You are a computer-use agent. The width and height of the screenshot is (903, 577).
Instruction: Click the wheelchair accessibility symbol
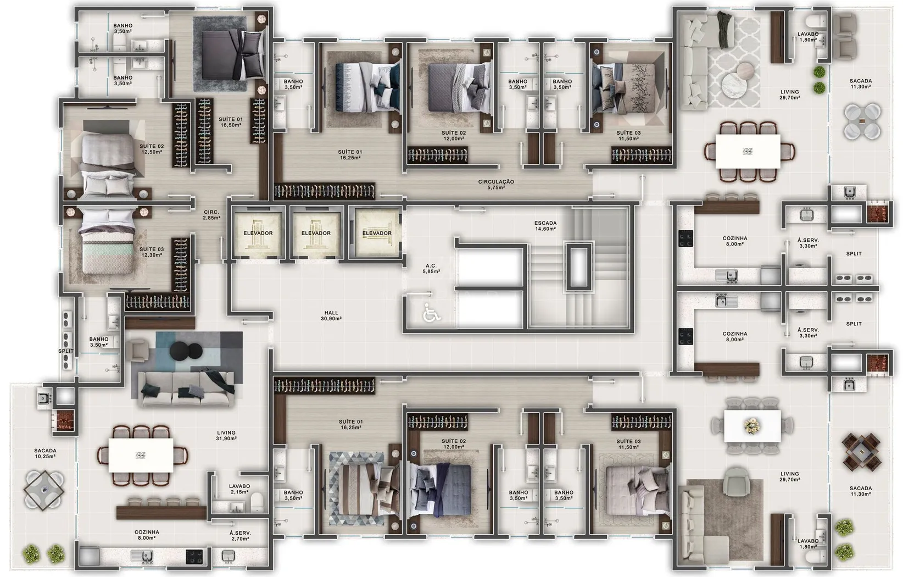pyautogui.click(x=432, y=313)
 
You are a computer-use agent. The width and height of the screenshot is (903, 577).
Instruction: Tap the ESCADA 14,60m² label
pyautogui.click(x=545, y=225)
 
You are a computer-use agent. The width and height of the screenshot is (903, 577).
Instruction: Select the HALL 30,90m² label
pyautogui.click(x=331, y=315)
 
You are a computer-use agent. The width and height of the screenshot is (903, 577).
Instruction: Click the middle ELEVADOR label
pyautogui.click(x=316, y=233)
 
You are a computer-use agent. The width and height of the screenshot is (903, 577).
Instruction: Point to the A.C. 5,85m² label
pyautogui.click(x=431, y=269)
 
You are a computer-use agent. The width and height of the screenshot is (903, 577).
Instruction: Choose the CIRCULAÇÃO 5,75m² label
pyautogui.click(x=496, y=184)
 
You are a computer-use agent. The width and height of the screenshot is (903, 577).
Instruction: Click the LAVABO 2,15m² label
pyautogui.click(x=239, y=489)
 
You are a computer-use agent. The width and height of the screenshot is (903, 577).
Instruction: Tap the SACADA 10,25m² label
pyautogui.click(x=45, y=453)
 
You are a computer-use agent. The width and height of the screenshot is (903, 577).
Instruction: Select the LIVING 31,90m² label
pyautogui.click(x=226, y=435)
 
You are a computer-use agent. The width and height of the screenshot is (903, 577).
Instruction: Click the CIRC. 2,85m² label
pyautogui.click(x=211, y=215)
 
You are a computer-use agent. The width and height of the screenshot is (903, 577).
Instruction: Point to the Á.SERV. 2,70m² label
pyautogui.click(x=240, y=535)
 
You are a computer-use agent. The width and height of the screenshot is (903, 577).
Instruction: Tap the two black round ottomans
pyautogui.click(x=186, y=351)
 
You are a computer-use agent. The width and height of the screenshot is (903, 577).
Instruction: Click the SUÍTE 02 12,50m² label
pyautogui.click(x=152, y=149)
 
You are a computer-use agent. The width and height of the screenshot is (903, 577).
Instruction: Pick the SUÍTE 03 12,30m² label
pyautogui.click(x=152, y=252)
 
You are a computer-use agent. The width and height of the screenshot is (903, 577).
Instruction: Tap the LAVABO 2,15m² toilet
pyautogui.click(x=257, y=503)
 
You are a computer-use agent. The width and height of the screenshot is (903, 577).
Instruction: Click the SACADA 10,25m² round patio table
pyautogui.click(x=43, y=490)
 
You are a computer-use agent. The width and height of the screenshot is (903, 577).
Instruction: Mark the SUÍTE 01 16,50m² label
pyautogui.click(x=231, y=122)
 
